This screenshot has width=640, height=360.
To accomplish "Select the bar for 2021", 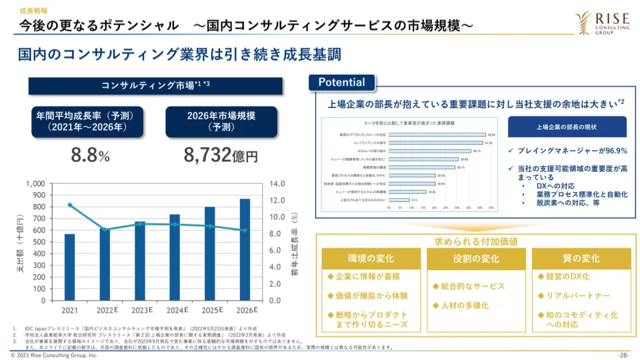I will click(x=69, y=267).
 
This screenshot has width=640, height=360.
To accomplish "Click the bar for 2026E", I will click(x=245, y=249).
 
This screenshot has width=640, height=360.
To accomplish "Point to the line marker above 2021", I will click(x=69, y=205).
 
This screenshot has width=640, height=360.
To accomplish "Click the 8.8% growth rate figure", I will click(x=90, y=155).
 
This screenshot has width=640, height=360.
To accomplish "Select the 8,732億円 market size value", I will click(x=221, y=155).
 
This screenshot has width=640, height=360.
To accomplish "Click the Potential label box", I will click(x=342, y=83).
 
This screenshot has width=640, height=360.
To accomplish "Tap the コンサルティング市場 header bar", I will click(x=155, y=85).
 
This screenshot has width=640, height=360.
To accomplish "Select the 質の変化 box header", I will click(x=576, y=259).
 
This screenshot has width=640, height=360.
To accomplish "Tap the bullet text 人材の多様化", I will click(x=465, y=305).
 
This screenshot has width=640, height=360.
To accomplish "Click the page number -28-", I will click(x=623, y=355).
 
